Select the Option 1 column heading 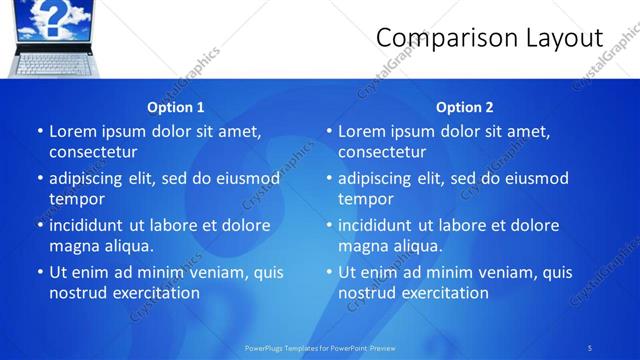pyautogui.click(x=175, y=107)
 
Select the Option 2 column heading pyautogui.click(x=464, y=107)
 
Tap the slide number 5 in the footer pyautogui.click(x=590, y=347)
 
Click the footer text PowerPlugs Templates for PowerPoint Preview pyautogui.click(x=320, y=347)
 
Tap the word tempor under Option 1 pyautogui.click(x=76, y=199)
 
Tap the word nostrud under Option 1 pyautogui.click(x=79, y=293)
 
